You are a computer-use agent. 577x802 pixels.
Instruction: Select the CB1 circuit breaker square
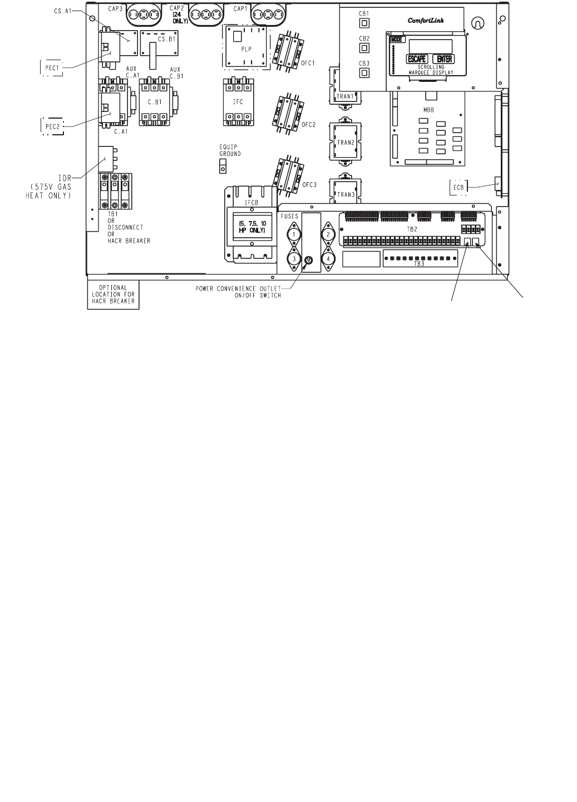(x=364, y=23)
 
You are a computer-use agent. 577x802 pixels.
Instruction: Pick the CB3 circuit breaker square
(x=364, y=72)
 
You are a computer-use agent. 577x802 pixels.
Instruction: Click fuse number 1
(x=293, y=234)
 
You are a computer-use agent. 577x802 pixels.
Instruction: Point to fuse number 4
(x=328, y=258)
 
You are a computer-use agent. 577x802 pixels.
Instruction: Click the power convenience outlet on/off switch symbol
(x=309, y=260)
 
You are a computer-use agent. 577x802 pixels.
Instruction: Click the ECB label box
(x=458, y=187)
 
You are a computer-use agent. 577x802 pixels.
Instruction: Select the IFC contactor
(x=238, y=101)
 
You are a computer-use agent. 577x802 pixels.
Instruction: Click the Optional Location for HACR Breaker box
(x=114, y=296)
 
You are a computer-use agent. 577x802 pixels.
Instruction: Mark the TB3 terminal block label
(x=420, y=265)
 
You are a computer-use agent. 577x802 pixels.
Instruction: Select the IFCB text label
(x=252, y=203)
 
